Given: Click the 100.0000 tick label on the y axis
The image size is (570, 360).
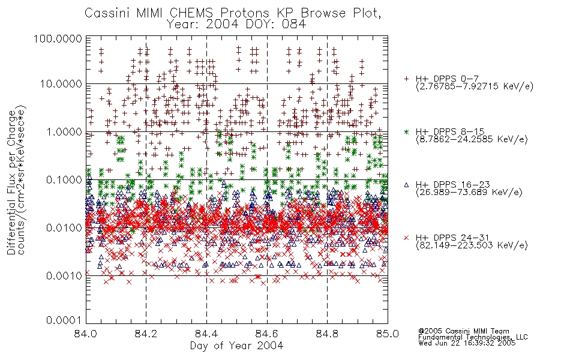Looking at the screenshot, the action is coord(58,38).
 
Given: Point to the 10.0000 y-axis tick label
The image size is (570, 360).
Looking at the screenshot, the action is coord(61,84).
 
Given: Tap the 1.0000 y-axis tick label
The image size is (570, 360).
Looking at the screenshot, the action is coord(64,131).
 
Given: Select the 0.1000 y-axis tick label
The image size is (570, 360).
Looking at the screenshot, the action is coord(64,179).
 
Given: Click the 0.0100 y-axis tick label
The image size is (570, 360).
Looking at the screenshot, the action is coord(64,228).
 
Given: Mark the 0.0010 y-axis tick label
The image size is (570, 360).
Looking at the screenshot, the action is coord(64,276).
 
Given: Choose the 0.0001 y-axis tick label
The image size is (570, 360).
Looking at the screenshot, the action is coord(64,320).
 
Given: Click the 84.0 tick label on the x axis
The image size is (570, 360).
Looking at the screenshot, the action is coord(86,334).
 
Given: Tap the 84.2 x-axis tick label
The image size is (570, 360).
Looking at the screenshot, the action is coord(146,334).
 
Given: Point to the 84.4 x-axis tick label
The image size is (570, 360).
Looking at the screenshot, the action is coord(206,334).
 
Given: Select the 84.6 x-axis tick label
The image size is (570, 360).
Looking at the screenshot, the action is coord(267,334).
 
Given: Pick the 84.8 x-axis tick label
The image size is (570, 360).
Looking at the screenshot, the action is coord(327,334).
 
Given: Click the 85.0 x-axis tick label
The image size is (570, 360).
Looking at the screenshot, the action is coord(388,334).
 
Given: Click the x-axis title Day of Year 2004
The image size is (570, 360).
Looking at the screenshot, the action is coord(236,346).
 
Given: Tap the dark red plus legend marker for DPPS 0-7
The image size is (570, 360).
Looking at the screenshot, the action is coord(406,79).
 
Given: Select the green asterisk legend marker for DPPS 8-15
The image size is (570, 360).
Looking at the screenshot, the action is coord(406,131).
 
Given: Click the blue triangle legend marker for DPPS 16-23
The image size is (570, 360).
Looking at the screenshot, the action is coord(406,185).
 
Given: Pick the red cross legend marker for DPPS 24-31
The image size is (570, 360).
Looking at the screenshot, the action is coord(406,238).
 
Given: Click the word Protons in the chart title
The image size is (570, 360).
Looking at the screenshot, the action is coord(245,13).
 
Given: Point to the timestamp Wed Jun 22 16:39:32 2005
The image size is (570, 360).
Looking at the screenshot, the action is coord(467,343).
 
